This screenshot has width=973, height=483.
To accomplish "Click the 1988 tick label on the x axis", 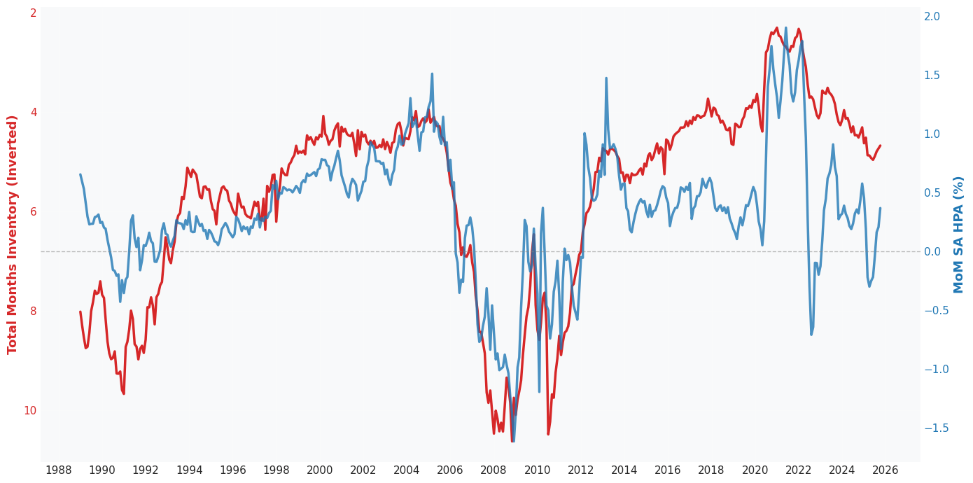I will [x=58, y=470].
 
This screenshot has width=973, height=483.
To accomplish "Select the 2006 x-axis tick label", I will [x=450, y=470].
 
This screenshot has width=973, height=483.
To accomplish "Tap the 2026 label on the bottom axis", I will [x=885, y=470].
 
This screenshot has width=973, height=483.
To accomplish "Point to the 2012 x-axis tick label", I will [x=581, y=470].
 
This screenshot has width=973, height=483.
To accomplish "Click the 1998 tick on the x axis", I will [x=276, y=470].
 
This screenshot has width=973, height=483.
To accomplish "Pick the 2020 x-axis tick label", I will [x=755, y=470].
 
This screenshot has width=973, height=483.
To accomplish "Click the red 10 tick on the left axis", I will [x=29, y=411].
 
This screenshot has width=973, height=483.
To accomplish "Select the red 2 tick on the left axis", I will [x=33, y=14].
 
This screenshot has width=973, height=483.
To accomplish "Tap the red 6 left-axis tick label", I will [x=33, y=212].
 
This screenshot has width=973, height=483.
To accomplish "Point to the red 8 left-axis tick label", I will [x=33, y=311].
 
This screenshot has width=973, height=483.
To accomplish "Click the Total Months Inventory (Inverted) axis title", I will [x=12, y=234].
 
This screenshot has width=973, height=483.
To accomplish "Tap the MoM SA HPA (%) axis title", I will [x=959, y=234].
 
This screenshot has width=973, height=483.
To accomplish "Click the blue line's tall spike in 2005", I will [x=432, y=73].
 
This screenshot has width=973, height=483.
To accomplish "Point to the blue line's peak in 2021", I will [x=785, y=29].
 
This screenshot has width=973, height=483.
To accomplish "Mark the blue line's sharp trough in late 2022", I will [x=811, y=334].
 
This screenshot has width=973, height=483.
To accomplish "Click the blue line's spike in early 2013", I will [x=606, y=78].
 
